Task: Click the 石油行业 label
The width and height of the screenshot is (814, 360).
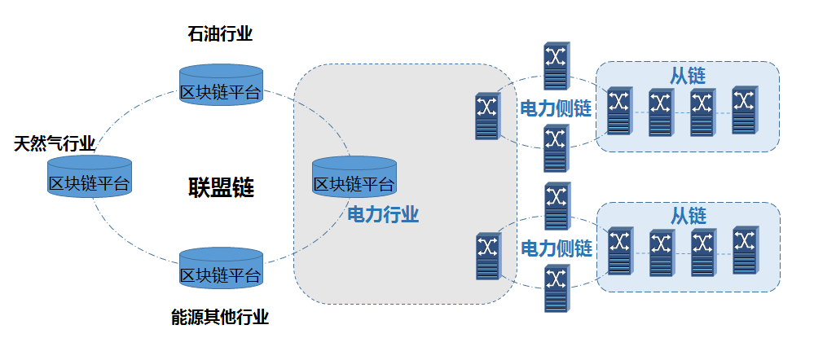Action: [220, 34]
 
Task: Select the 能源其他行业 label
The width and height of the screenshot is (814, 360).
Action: [220, 318]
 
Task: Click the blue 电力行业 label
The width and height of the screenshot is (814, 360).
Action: [383, 215]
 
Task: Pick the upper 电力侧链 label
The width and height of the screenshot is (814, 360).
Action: [556, 108]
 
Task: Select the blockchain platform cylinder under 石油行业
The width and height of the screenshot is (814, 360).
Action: [220, 86]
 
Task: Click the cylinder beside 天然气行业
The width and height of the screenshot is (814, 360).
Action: [90, 177]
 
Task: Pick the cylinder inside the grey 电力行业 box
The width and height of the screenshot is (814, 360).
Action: [354, 178]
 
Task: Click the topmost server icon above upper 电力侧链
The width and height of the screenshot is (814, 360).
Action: [557, 66]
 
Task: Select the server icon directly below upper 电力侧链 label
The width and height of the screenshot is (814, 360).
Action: [557, 148]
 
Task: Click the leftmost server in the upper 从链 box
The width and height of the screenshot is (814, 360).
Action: [619, 111]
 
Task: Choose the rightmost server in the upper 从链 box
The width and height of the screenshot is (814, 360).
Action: [743, 111]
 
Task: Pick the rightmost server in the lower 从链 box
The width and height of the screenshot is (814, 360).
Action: [743, 251]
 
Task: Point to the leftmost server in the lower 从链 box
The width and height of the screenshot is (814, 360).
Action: [619, 251]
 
